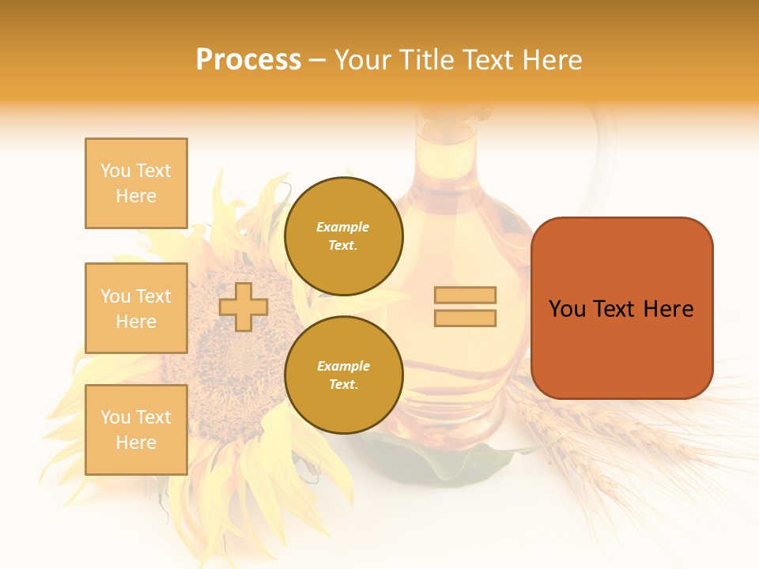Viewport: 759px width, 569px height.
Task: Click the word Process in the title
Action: (248, 60)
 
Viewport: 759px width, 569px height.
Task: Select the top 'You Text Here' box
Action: (136, 183)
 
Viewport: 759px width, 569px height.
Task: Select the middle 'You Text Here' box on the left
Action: (136, 308)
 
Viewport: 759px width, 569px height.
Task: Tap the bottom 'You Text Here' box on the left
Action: (136, 430)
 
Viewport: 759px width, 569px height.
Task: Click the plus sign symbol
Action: (243, 307)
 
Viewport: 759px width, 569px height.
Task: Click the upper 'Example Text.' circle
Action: (343, 236)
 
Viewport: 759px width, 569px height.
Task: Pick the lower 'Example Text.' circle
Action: (343, 375)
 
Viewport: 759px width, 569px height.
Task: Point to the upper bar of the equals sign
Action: (465, 295)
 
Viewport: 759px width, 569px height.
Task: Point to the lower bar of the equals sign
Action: (465, 318)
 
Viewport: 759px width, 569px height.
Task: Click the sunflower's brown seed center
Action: (233, 348)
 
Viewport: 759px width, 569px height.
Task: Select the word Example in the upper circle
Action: (343, 228)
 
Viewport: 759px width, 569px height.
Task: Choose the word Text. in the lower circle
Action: (343, 385)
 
